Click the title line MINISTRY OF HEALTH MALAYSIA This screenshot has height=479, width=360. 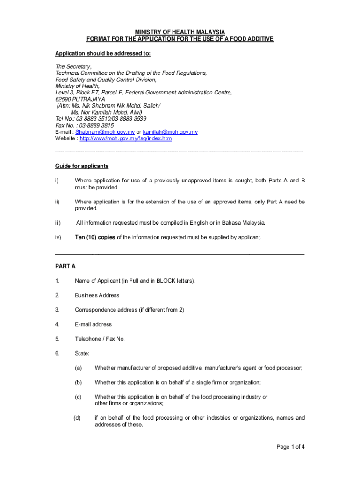(180, 32)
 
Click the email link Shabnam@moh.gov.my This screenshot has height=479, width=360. (101, 132)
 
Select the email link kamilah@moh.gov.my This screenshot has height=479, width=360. (170, 132)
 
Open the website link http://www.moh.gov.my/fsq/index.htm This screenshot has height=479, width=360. (126, 138)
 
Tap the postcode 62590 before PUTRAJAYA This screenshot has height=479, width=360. (64, 99)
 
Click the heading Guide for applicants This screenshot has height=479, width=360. (82, 166)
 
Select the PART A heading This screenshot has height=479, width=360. (65, 266)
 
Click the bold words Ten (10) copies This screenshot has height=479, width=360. (95, 237)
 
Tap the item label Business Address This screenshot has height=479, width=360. (97, 295)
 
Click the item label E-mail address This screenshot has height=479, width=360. (93, 324)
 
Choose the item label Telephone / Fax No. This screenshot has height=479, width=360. (100, 339)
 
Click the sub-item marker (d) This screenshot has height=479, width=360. (77, 418)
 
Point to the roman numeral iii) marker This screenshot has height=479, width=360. (58, 223)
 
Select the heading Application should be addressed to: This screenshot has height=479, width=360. (103, 54)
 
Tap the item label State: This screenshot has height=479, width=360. (82, 353)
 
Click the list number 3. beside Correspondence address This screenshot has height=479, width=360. (57, 310)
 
